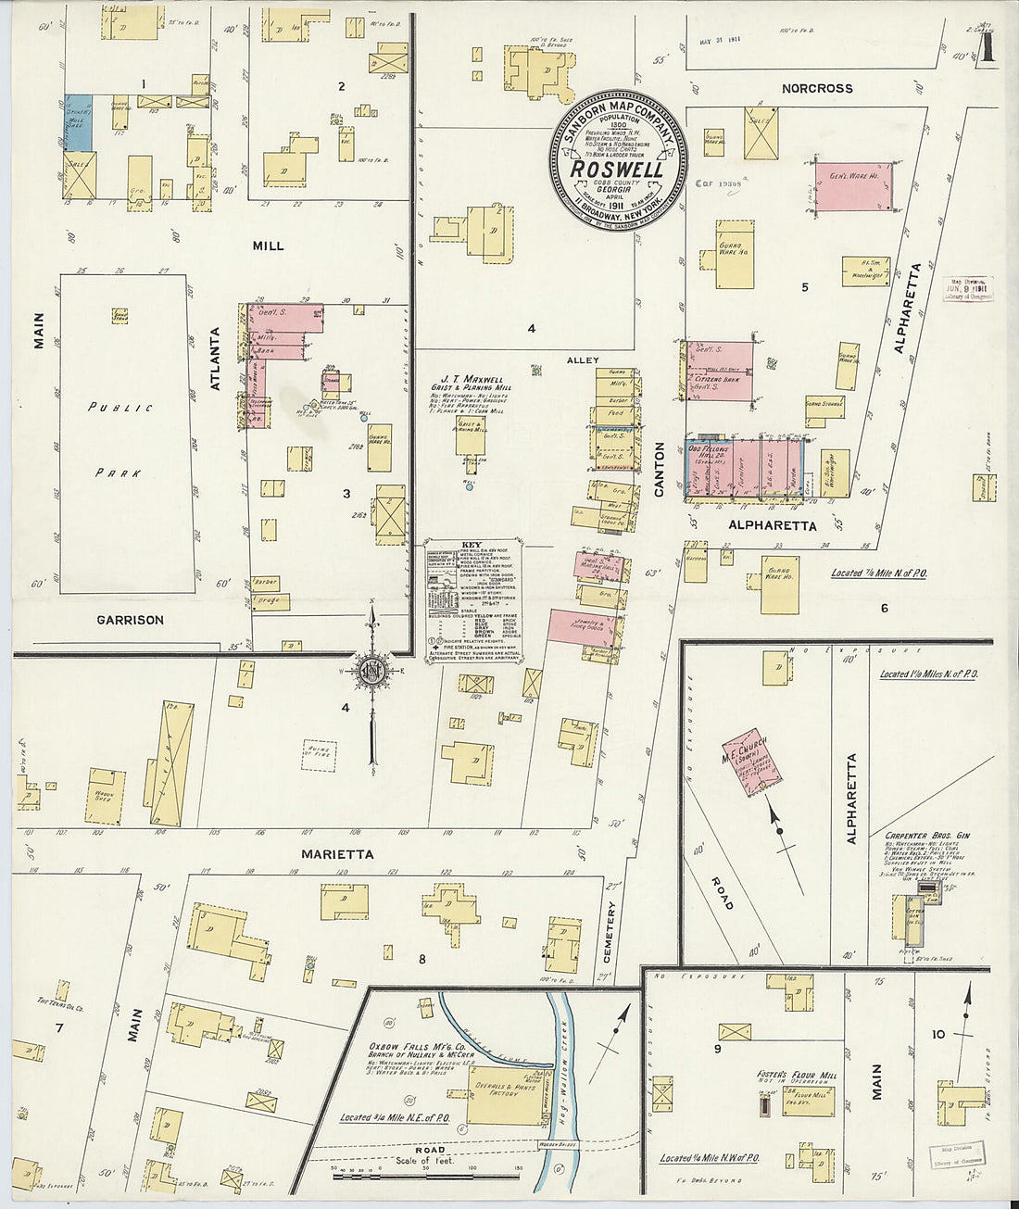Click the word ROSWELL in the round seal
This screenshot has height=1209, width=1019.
(x=616, y=170)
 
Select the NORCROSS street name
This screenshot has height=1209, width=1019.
(x=816, y=89)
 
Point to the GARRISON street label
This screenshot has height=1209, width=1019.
(x=130, y=620)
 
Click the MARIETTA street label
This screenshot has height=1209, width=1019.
(x=337, y=853)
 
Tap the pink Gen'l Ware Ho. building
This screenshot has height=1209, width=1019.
(x=852, y=186)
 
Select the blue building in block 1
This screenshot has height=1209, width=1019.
(x=78, y=122)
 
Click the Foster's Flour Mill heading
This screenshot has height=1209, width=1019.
(x=796, y=1075)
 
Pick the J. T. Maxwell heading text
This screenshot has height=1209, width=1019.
(x=472, y=379)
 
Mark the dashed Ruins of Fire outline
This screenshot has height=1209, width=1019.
(x=320, y=756)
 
